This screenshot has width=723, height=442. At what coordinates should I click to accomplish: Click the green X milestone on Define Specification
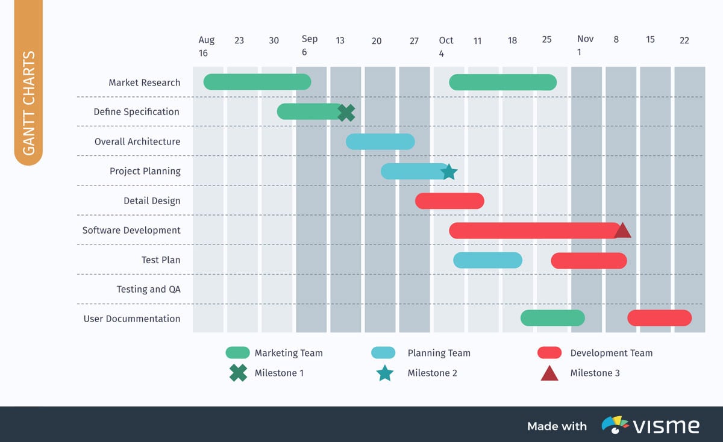(346, 113)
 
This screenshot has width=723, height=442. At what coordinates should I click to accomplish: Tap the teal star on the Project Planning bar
(448, 172)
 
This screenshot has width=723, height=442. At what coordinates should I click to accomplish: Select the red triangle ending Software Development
(622, 231)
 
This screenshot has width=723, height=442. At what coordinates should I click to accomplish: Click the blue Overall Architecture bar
(380, 142)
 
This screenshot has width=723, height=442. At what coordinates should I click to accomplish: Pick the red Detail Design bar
(449, 201)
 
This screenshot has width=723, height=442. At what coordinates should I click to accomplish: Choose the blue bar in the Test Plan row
(487, 260)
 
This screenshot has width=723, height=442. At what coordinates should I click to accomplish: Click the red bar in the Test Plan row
(589, 261)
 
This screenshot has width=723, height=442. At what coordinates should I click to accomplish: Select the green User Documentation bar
(552, 318)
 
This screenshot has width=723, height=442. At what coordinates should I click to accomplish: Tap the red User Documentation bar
(659, 318)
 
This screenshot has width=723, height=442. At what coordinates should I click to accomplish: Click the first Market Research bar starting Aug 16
(257, 82)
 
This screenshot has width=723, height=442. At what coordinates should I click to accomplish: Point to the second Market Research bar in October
(502, 82)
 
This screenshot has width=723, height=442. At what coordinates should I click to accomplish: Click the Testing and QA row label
(148, 289)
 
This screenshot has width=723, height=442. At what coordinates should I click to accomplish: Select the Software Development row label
(131, 230)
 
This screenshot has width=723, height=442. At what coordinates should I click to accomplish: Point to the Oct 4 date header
(446, 46)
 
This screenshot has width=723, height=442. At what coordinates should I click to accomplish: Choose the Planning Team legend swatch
(383, 353)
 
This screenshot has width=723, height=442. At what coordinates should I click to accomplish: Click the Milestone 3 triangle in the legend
(549, 373)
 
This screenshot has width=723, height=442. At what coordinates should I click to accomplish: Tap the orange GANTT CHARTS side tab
(29, 102)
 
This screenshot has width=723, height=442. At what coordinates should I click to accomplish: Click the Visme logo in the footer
(651, 426)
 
